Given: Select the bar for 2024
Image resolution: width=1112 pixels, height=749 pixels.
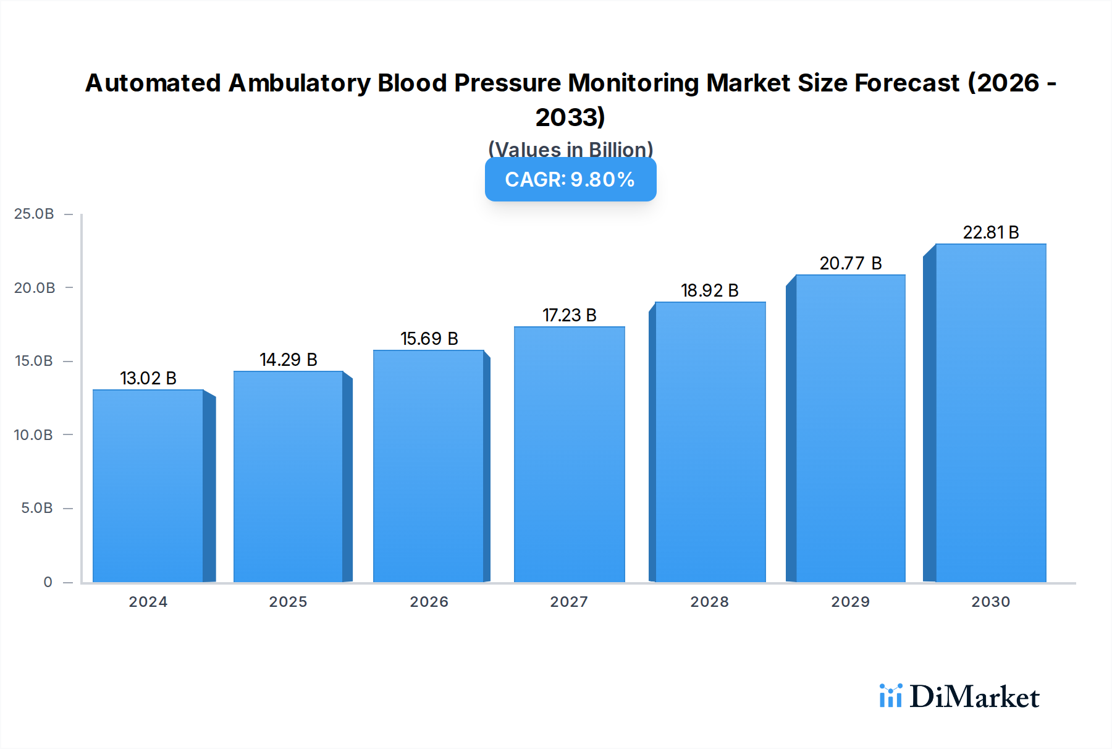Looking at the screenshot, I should [x=148, y=486].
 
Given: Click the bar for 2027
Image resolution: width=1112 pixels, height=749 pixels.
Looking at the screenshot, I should [x=569, y=454].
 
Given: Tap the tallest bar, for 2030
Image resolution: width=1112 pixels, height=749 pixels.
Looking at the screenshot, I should [x=990, y=413].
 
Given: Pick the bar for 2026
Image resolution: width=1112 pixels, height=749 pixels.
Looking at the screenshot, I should [x=428, y=466].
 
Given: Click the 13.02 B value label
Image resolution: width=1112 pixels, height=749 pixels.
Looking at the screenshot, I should [x=148, y=378].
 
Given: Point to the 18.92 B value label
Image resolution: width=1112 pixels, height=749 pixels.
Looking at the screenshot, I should [x=709, y=290].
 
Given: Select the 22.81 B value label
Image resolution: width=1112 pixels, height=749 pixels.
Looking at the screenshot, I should [x=990, y=232].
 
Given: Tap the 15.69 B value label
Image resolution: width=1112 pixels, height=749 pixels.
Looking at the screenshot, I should [x=429, y=339].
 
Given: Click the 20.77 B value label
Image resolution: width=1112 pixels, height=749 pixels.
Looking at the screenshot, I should [x=850, y=263].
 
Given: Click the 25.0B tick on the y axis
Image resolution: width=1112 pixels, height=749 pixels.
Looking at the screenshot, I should [x=34, y=214].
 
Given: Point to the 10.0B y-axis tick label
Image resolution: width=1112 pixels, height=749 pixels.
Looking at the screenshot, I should [x=33, y=435].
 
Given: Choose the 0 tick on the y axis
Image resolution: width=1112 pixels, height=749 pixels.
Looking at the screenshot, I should [x=48, y=582].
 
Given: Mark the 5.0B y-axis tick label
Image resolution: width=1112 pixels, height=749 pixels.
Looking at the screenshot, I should [x=36, y=508].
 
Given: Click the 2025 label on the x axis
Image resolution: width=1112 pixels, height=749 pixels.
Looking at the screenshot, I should [x=288, y=602].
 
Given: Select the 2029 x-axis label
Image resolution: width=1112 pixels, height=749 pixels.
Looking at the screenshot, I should [x=850, y=602].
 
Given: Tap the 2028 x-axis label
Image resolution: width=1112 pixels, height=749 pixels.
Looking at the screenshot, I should [x=709, y=602].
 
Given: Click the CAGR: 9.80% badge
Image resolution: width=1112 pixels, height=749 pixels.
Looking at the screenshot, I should [x=570, y=179].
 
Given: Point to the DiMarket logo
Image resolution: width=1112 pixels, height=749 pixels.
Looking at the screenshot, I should [x=959, y=696].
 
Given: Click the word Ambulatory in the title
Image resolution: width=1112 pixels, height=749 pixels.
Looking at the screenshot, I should [x=299, y=83].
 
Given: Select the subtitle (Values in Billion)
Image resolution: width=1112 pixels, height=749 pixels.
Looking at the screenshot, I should [x=570, y=149].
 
